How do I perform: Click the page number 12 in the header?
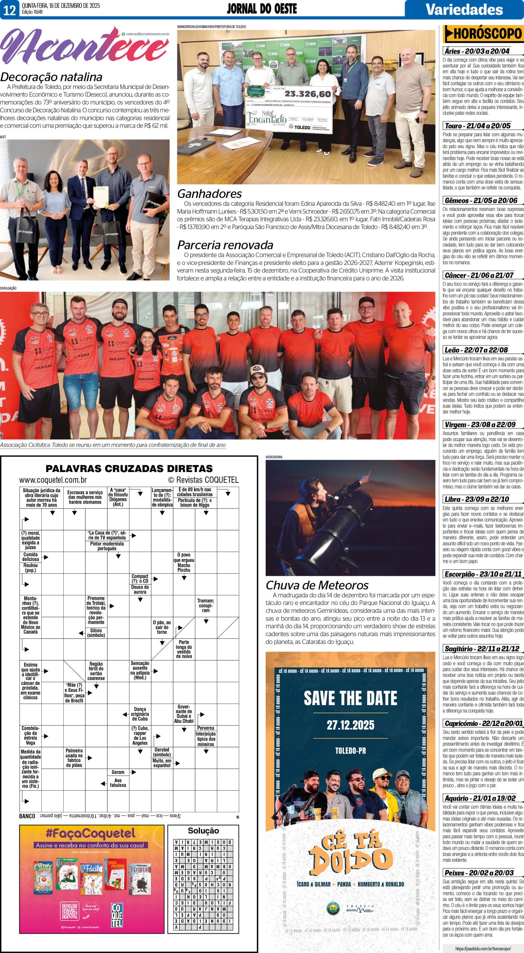pyautogui.click(x=9, y=10)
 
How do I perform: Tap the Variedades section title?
pyautogui.click(x=464, y=9)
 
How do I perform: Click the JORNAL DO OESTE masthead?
pyautogui.click(x=262, y=9)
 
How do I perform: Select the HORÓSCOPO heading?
pyautogui.click(x=483, y=34)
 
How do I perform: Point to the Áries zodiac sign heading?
pyautogui.click(x=477, y=51)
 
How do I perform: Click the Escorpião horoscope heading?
pyautogui.click(x=483, y=574)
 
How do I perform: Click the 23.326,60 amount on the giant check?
pyautogui.click(x=307, y=94)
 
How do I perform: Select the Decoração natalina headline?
pyautogui.click(x=51, y=77)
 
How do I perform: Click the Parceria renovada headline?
pyautogui.click(x=225, y=245)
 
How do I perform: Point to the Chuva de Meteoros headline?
pyautogui.click(x=317, y=585)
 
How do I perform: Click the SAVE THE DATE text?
pyautogui.click(x=350, y=698)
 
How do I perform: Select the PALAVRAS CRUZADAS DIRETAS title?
pyautogui.click(x=129, y=468)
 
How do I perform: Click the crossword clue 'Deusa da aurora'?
pyautogui.click(x=140, y=589)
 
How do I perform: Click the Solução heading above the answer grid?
pyautogui.click(x=203, y=831)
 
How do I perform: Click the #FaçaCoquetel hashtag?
pyautogui.click(x=90, y=832)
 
